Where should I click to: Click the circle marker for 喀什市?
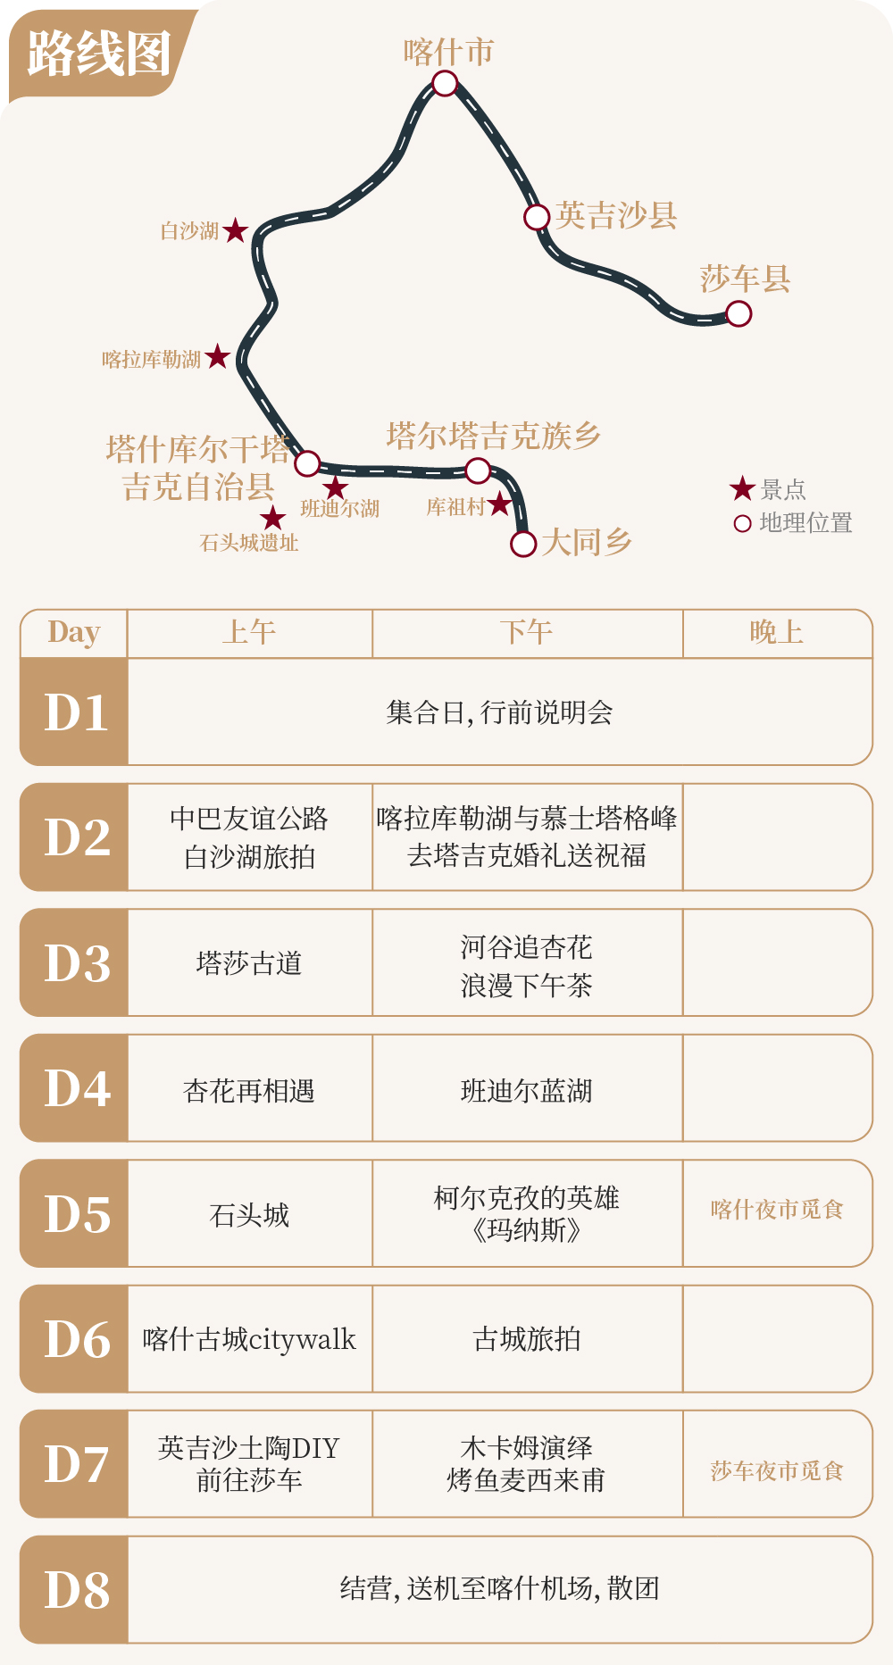pos(445,84)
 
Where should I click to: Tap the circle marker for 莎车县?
pos(739,313)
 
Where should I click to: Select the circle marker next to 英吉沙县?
pos(536,217)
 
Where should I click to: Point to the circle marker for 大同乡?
pos(522,543)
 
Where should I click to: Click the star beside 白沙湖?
pos(235,231)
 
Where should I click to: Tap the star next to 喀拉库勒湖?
pos(217,358)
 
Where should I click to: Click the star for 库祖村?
pos(499,505)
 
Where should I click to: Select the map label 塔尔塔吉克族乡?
pos(493,436)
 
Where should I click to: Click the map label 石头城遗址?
pos(249,542)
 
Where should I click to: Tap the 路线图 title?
pos(98,54)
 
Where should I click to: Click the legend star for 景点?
pos(742,488)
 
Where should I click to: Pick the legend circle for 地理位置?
pos(742,523)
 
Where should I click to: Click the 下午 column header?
pos(527,632)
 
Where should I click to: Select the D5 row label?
pos(77,1213)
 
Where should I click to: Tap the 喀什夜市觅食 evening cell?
pos(777,1210)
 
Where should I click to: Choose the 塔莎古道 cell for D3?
pos(249,963)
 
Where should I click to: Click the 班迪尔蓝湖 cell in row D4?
pos(527,1090)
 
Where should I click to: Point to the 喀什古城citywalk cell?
pos(249,1339)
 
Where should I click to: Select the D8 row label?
pos(77,1590)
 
